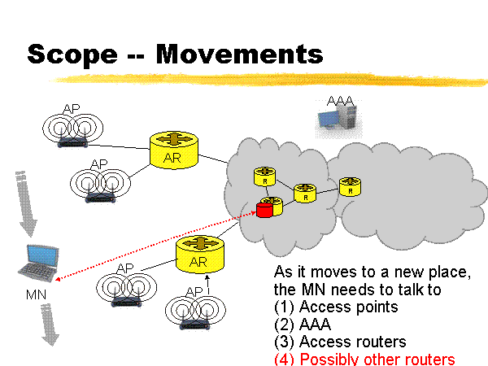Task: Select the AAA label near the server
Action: pos(340,101)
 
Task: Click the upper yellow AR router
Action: pos(174,149)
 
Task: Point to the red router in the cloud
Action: pos(264,211)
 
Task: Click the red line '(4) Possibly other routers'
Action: pos(364,359)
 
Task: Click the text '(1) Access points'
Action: pos(337,307)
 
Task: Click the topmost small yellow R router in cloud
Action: pos(265,176)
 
